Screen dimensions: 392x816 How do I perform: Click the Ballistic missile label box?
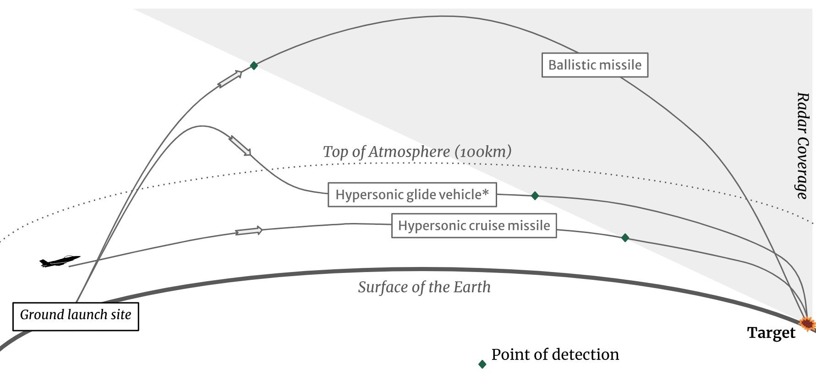pyautogui.click(x=595, y=65)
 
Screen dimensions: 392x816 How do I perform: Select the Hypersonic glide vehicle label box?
pyautogui.click(x=412, y=195)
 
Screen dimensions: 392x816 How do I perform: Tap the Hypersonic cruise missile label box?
pyautogui.click(x=474, y=226)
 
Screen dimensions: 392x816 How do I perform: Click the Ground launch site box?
pyautogui.click(x=76, y=316)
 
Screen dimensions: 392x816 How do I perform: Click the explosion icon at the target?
pyautogui.click(x=807, y=324)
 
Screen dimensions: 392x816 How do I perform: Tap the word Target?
pyautogui.click(x=771, y=333)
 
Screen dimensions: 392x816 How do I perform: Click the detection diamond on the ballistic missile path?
pyautogui.click(x=254, y=65)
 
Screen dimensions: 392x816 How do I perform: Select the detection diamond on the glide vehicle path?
pyautogui.click(x=535, y=196)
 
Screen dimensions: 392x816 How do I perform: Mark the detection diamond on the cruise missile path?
pyautogui.click(x=625, y=238)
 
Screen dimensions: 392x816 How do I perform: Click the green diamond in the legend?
pyautogui.click(x=482, y=364)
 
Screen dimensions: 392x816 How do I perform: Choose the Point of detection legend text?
pyautogui.click(x=555, y=354)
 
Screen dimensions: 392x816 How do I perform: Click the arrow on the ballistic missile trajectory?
pyautogui.click(x=230, y=79)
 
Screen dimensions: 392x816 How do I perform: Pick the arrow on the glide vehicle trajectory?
pyautogui.click(x=240, y=146)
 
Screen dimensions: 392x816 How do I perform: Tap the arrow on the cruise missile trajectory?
pyautogui.click(x=249, y=231)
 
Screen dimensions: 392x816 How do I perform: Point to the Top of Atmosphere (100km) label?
pyautogui.click(x=417, y=152)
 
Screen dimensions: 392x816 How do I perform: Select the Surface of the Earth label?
pyautogui.click(x=424, y=287)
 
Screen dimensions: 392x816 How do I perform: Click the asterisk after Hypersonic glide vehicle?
pyautogui.click(x=486, y=192)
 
